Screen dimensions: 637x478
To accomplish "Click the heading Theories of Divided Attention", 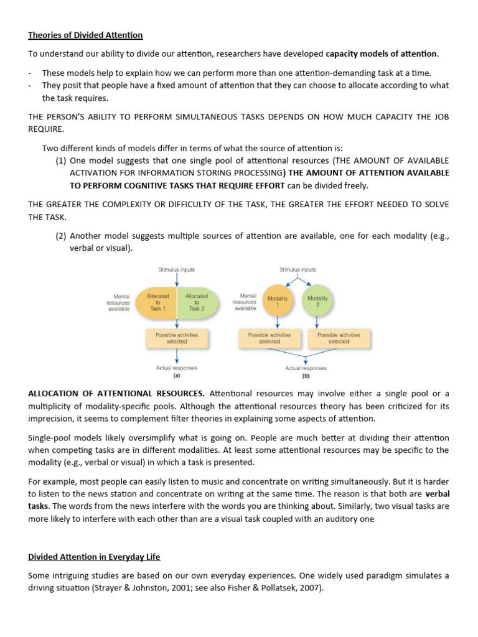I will click(x=85, y=35).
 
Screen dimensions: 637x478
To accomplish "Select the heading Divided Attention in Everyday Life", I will click(x=94, y=556).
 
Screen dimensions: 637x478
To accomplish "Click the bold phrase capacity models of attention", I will click(x=382, y=53).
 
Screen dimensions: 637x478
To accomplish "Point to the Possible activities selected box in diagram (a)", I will click(x=177, y=338).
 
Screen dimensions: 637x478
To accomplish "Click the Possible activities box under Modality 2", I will click(x=338, y=338).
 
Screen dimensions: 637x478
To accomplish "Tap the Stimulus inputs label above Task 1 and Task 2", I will click(x=177, y=270).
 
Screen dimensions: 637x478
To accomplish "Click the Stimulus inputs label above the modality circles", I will click(x=298, y=270).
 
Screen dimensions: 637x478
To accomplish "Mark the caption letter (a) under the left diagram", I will click(x=177, y=376).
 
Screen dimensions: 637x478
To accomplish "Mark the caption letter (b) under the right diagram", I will click(x=306, y=376).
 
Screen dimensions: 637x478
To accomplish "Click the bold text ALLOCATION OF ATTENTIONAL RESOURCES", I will click(x=116, y=394).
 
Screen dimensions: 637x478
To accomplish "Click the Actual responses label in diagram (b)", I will click(x=306, y=368).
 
